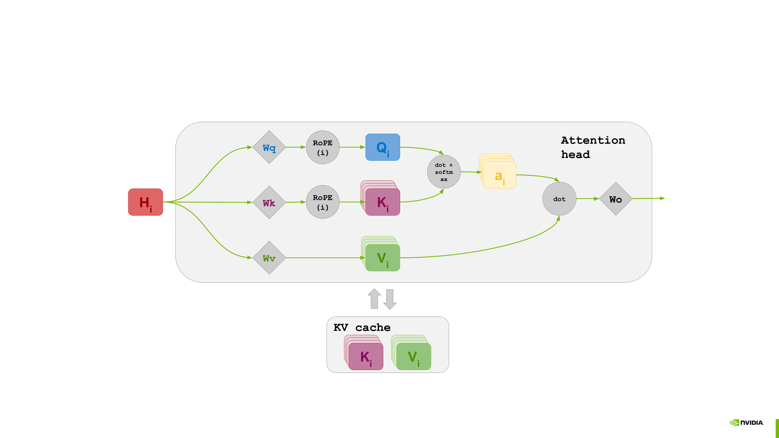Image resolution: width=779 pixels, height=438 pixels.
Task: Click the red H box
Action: click(x=145, y=202)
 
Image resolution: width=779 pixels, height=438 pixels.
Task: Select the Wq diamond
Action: click(x=269, y=147)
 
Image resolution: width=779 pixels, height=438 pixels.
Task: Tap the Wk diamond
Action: click(x=269, y=202)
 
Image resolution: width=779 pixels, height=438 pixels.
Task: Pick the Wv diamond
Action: click(x=269, y=258)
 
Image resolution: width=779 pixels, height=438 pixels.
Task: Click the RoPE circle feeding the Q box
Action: click(x=323, y=147)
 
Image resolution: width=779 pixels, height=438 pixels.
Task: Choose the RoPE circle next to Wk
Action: click(x=323, y=202)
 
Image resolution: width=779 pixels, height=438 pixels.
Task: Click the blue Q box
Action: click(x=382, y=147)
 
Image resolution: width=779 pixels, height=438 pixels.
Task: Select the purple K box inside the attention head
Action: click(x=382, y=202)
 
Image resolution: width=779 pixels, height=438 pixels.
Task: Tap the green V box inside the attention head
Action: click(x=382, y=258)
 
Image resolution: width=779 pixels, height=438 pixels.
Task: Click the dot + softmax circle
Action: click(x=444, y=172)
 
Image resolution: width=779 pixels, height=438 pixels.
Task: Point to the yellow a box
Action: click(x=499, y=175)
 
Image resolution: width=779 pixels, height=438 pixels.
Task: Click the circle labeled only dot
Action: click(x=559, y=199)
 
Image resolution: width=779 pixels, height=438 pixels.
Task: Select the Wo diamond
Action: click(x=615, y=199)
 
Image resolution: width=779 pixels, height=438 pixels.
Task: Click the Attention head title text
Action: click(x=593, y=147)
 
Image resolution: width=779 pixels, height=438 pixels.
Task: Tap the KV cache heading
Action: click(x=362, y=327)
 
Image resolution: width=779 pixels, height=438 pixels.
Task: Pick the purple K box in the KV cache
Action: click(x=366, y=356)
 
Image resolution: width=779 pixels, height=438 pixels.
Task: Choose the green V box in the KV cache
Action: click(x=413, y=356)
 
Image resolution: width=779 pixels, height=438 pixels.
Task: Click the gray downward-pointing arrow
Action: click(x=390, y=299)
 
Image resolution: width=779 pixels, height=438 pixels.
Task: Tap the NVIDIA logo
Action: click(x=747, y=423)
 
